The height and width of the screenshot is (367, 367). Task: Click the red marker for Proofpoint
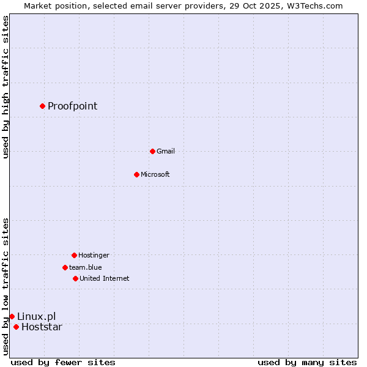42,106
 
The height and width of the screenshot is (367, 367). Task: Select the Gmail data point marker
152,151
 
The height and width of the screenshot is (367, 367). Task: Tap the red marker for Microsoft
136,174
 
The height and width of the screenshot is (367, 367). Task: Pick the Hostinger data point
74,255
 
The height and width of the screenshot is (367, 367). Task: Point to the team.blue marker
65,267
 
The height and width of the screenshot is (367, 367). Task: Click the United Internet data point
75,278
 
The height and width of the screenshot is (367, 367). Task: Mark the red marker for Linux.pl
12,316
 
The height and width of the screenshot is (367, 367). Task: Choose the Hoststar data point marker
16,327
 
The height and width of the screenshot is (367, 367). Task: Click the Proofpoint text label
72,106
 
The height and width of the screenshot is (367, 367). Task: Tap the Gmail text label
165,151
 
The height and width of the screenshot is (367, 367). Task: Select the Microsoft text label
155,174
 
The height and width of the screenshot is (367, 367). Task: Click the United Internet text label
104,278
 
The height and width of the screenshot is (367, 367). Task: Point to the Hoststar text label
42,327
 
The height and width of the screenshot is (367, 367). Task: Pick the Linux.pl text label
36,316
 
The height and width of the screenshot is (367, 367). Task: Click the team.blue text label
85,267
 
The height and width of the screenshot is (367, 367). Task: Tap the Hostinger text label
94,255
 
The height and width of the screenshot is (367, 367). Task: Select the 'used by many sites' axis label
307,362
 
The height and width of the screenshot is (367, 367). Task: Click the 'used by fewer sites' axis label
63,362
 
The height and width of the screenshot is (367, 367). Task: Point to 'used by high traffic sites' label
6,87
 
